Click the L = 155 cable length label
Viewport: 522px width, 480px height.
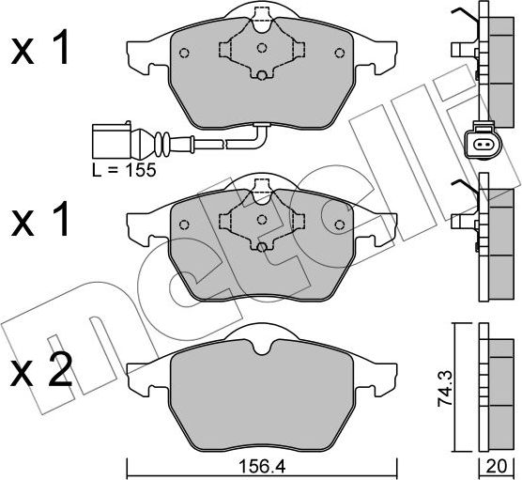click(124, 171)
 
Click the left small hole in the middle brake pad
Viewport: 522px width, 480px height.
click(185, 223)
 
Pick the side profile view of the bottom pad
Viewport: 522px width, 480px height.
click(496, 385)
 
